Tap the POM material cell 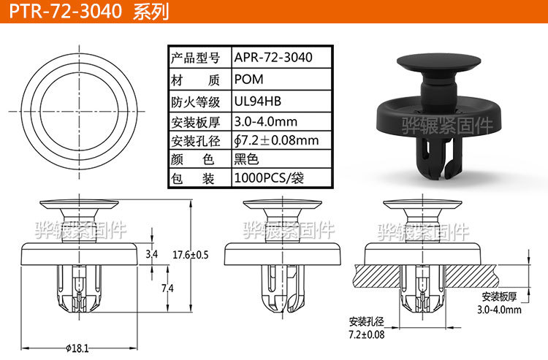pyautogui.click(x=248, y=80)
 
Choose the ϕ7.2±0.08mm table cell pyautogui.click(x=276, y=139)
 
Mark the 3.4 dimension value pyautogui.click(x=152, y=255)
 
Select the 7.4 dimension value pyautogui.click(x=167, y=288)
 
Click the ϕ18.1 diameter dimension pyautogui.click(x=77, y=348)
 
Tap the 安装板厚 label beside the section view pyautogui.click(x=500, y=297)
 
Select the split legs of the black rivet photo pyautogui.click(x=438, y=161)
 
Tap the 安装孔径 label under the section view pyautogui.click(x=367, y=322)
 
